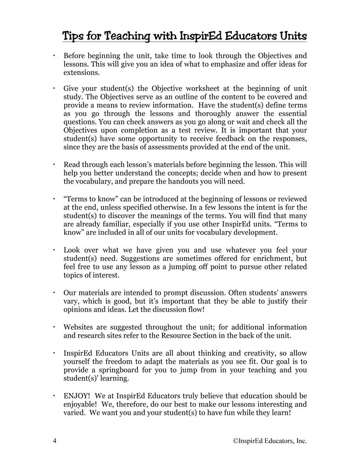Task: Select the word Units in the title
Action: tap(289, 36)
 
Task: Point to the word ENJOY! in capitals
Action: tap(76, 396)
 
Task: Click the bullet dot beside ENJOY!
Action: tap(54, 396)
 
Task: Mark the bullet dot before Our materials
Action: tap(54, 293)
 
